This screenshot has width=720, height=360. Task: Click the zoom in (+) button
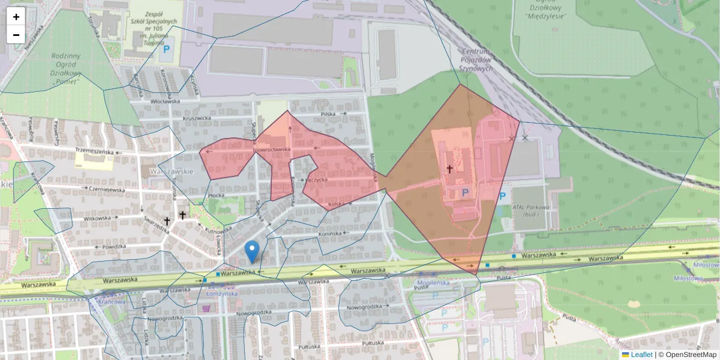click(x=16, y=17)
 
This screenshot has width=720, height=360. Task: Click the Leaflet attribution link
click(x=641, y=355)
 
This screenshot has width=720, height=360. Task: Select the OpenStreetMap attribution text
click(x=691, y=355)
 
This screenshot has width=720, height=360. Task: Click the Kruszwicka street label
click(x=199, y=118)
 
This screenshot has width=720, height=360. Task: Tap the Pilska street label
click(x=328, y=113)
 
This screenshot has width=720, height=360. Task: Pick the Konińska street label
click(x=330, y=233)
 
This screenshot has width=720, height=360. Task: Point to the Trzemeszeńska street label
click(x=94, y=152)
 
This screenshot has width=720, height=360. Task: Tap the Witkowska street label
click(x=98, y=218)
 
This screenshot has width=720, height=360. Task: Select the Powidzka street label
click(x=113, y=247)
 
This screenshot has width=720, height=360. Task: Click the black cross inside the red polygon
click(x=449, y=169)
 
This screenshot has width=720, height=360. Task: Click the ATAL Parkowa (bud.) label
click(x=530, y=211)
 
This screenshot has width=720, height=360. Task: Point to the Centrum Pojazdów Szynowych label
click(x=476, y=60)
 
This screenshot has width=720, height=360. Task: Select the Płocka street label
click(x=215, y=195)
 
